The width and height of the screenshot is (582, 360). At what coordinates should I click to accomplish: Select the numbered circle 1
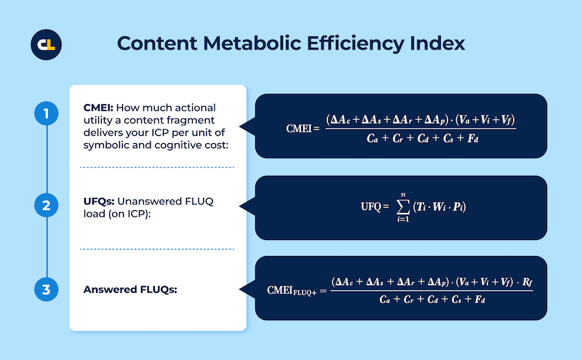[47, 113]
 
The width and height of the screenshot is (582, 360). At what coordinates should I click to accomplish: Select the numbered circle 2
[47, 207]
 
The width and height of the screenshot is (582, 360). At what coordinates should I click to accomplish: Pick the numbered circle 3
[47, 290]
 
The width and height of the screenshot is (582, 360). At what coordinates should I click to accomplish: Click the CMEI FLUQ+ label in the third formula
[293, 290]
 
